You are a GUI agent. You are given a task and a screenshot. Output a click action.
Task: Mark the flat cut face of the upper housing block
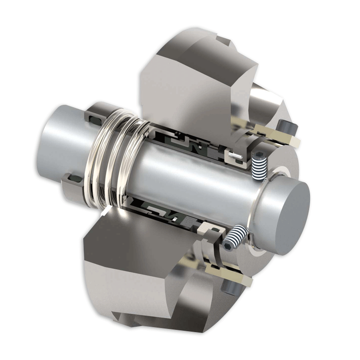point(189,90)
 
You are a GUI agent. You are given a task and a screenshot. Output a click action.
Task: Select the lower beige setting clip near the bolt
point(225,274)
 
